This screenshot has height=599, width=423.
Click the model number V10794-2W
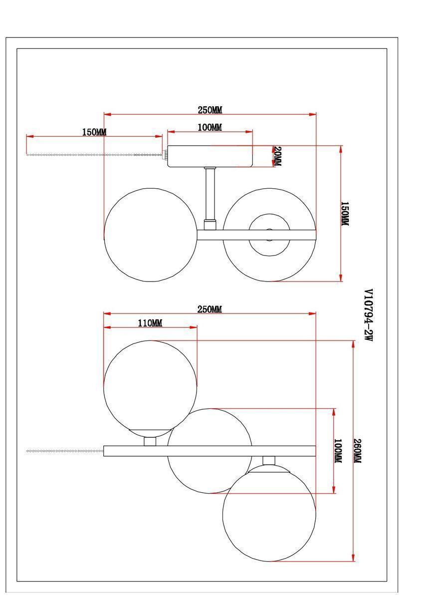[369, 314]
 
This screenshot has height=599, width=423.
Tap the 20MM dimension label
[278, 156]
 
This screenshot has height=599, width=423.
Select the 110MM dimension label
[150, 323]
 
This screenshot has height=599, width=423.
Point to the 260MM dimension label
[358, 451]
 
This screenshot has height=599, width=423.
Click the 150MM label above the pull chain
[94, 132]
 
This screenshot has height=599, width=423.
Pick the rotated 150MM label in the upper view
[345, 214]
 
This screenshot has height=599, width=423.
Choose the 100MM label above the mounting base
[210, 127]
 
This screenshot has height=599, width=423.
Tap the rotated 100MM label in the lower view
[338, 451]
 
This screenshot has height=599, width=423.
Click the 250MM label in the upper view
[210, 110]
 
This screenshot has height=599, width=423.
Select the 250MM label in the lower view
[210, 309]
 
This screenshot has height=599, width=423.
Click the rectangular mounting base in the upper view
[210, 156]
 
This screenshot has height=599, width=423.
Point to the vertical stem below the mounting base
[210, 199]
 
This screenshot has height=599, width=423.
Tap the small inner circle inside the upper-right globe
[269, 214]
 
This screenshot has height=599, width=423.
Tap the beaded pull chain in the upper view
[94, 155]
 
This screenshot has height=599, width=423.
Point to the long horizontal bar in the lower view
[210, 451]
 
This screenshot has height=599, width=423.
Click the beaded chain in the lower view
[65, 451]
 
